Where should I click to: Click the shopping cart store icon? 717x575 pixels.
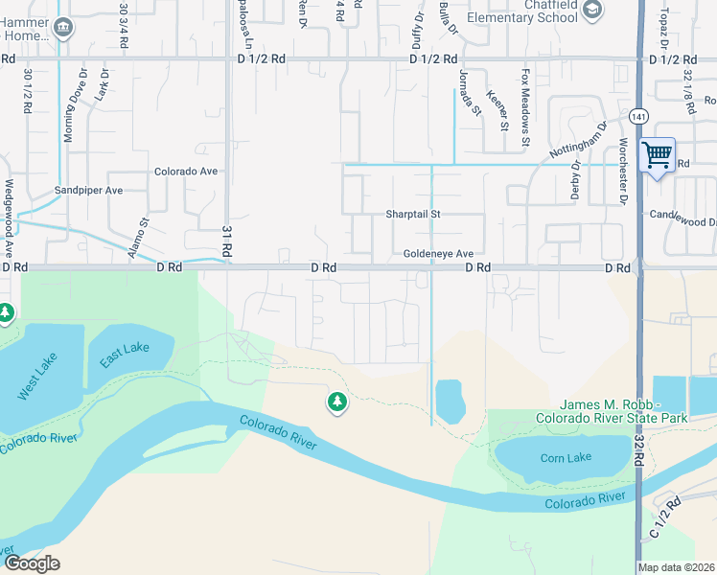657,154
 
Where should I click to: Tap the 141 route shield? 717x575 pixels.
638,115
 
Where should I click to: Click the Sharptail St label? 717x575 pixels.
412,215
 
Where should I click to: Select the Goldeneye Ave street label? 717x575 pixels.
438,254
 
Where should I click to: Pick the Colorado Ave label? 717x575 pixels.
187,172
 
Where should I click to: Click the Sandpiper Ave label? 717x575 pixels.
88,191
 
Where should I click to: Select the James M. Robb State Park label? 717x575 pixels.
612,412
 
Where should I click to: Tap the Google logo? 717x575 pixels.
31,563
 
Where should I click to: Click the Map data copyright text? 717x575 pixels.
676,567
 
